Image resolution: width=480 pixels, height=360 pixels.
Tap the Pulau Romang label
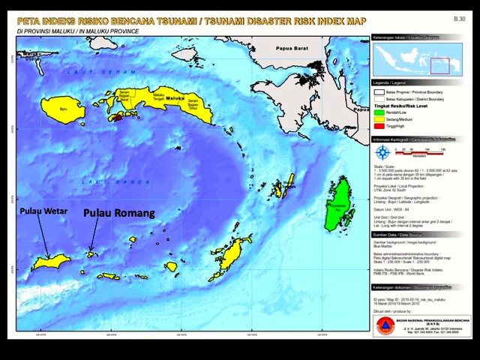pos(118,212)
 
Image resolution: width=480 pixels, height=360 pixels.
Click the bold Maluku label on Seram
pos(174,97)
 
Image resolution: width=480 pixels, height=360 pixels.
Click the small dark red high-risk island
pos(118,117)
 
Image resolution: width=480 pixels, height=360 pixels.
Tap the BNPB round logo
pos(384,325)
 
